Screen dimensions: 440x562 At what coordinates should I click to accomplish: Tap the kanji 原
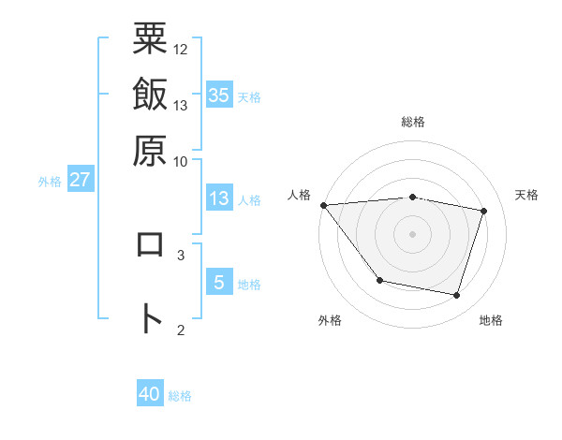150,150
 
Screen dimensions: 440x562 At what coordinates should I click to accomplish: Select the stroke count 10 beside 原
181,161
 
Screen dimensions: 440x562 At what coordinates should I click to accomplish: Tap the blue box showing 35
219,95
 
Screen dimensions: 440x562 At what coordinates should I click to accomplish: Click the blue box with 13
219,198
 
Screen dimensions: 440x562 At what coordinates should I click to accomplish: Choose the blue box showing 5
219,282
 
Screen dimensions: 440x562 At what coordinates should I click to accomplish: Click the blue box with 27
80,180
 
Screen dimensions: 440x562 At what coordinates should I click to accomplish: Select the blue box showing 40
150,395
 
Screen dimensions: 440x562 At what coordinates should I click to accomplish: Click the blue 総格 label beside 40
180,397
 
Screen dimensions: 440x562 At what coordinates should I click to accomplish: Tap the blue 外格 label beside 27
50,182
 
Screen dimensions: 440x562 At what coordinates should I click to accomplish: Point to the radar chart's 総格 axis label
413,122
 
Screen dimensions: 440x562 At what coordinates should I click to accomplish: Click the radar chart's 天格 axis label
526,195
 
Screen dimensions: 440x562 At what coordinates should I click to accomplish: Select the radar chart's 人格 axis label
300,195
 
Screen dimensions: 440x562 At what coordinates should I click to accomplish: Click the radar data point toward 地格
456,296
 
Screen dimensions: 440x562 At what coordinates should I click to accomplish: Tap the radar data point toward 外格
379,280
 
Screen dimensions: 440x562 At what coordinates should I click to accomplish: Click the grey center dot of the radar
413,233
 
